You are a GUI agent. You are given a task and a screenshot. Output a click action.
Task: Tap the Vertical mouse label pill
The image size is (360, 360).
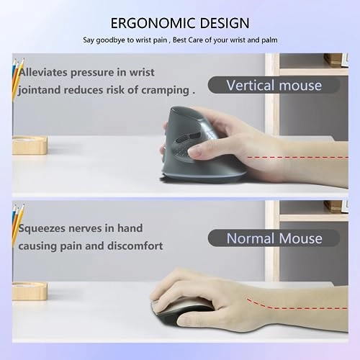tap(274, 85)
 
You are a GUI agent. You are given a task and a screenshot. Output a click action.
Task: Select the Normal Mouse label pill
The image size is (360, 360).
tap(273, 237)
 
